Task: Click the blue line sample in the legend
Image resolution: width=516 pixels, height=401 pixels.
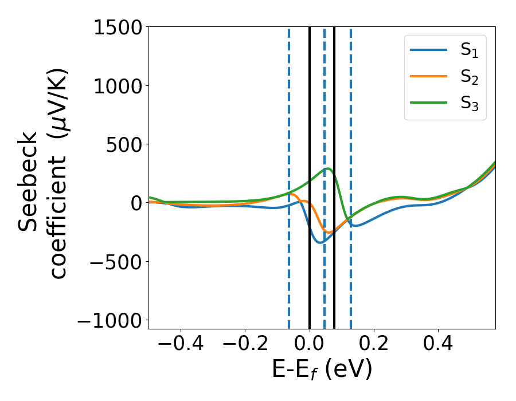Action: pos(429,50)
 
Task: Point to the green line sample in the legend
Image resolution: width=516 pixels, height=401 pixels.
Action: pos(429,103)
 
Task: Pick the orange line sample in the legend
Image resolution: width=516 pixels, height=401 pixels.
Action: pos(429,77)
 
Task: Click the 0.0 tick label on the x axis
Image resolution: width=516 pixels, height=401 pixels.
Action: pos(310,344)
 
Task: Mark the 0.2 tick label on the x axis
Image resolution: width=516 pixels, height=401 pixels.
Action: pos(374,344)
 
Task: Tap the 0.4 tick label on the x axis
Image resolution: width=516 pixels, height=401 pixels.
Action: pos(438,344)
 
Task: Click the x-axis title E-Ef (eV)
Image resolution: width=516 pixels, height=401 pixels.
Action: pos(322,369)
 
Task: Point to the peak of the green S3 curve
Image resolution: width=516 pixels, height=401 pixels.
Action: pos(327,168)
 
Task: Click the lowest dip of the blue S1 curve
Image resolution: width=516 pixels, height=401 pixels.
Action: pos(319,243)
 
